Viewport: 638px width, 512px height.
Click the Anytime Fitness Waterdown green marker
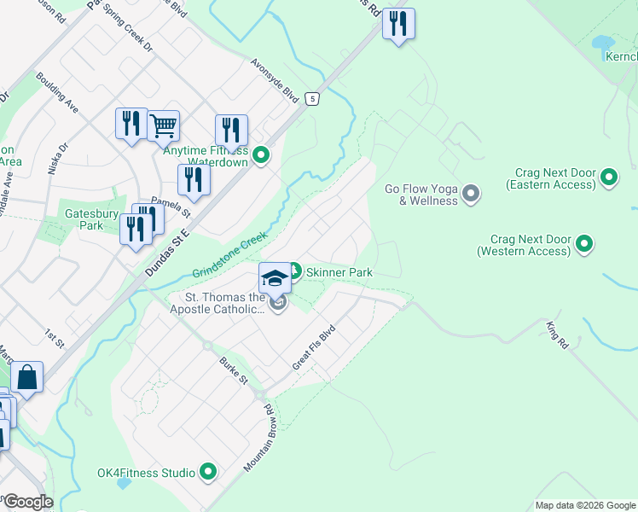click(x=262, y=155)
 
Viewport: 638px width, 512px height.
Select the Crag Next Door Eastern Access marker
click(x=608, y=178)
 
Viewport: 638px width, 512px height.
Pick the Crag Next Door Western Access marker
click(x=584, y=245)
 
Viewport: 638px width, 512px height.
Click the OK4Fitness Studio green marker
click(x=208, y=471)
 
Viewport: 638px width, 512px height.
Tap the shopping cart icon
click(x=163, y=125)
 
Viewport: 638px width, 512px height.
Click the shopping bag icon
click(x=26, y=377)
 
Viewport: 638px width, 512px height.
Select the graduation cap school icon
click(x=275, y=277)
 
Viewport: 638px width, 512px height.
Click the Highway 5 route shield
click(x=313, y=98)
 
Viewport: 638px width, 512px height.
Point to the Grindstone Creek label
click(x=230, y=253)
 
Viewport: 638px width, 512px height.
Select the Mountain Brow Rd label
click(x=258, y=439)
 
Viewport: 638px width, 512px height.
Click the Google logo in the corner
click(x=27, y=502)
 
